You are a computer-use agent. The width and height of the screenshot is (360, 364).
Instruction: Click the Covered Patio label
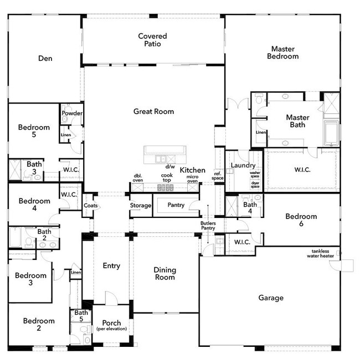(x=152, y=40)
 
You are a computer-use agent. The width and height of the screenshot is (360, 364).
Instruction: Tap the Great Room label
(x=153, y=111)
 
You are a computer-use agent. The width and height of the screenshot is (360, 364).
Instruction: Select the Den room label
(x=45, y=58)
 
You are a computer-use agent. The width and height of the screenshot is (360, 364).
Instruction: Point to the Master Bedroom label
(x=283, y=53)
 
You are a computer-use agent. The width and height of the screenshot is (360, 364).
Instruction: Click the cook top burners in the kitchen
(x=166, y=188)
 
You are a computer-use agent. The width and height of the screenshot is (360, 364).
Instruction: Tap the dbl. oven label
(x=138, y=178)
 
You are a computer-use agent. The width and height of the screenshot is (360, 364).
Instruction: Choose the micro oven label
(x=192, y=179)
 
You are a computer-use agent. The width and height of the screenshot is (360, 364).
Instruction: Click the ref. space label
(x=218, y=176)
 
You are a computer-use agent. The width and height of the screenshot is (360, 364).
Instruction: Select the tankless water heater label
(x=320, y=253)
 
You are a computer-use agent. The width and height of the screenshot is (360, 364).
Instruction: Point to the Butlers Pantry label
(x=208, y=225)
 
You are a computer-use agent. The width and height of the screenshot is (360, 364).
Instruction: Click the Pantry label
(x=176, y=205)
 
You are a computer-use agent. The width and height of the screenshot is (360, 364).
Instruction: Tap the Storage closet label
(x=140, y=205)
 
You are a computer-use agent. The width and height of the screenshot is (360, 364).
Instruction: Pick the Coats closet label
(x=91, y=205)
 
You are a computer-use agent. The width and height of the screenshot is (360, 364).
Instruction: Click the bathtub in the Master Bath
(x=331, y=133)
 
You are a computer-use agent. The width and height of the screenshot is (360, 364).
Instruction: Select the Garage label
(x=271, y=298)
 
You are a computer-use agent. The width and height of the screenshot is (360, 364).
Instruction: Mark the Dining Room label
(x=165, y=273)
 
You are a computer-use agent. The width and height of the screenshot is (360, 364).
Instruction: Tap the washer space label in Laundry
(x=255, y=175)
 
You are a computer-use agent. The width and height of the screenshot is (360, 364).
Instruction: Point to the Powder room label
(x=72, y=113)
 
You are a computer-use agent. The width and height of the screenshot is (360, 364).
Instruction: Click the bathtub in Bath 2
(x=16, y=237)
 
